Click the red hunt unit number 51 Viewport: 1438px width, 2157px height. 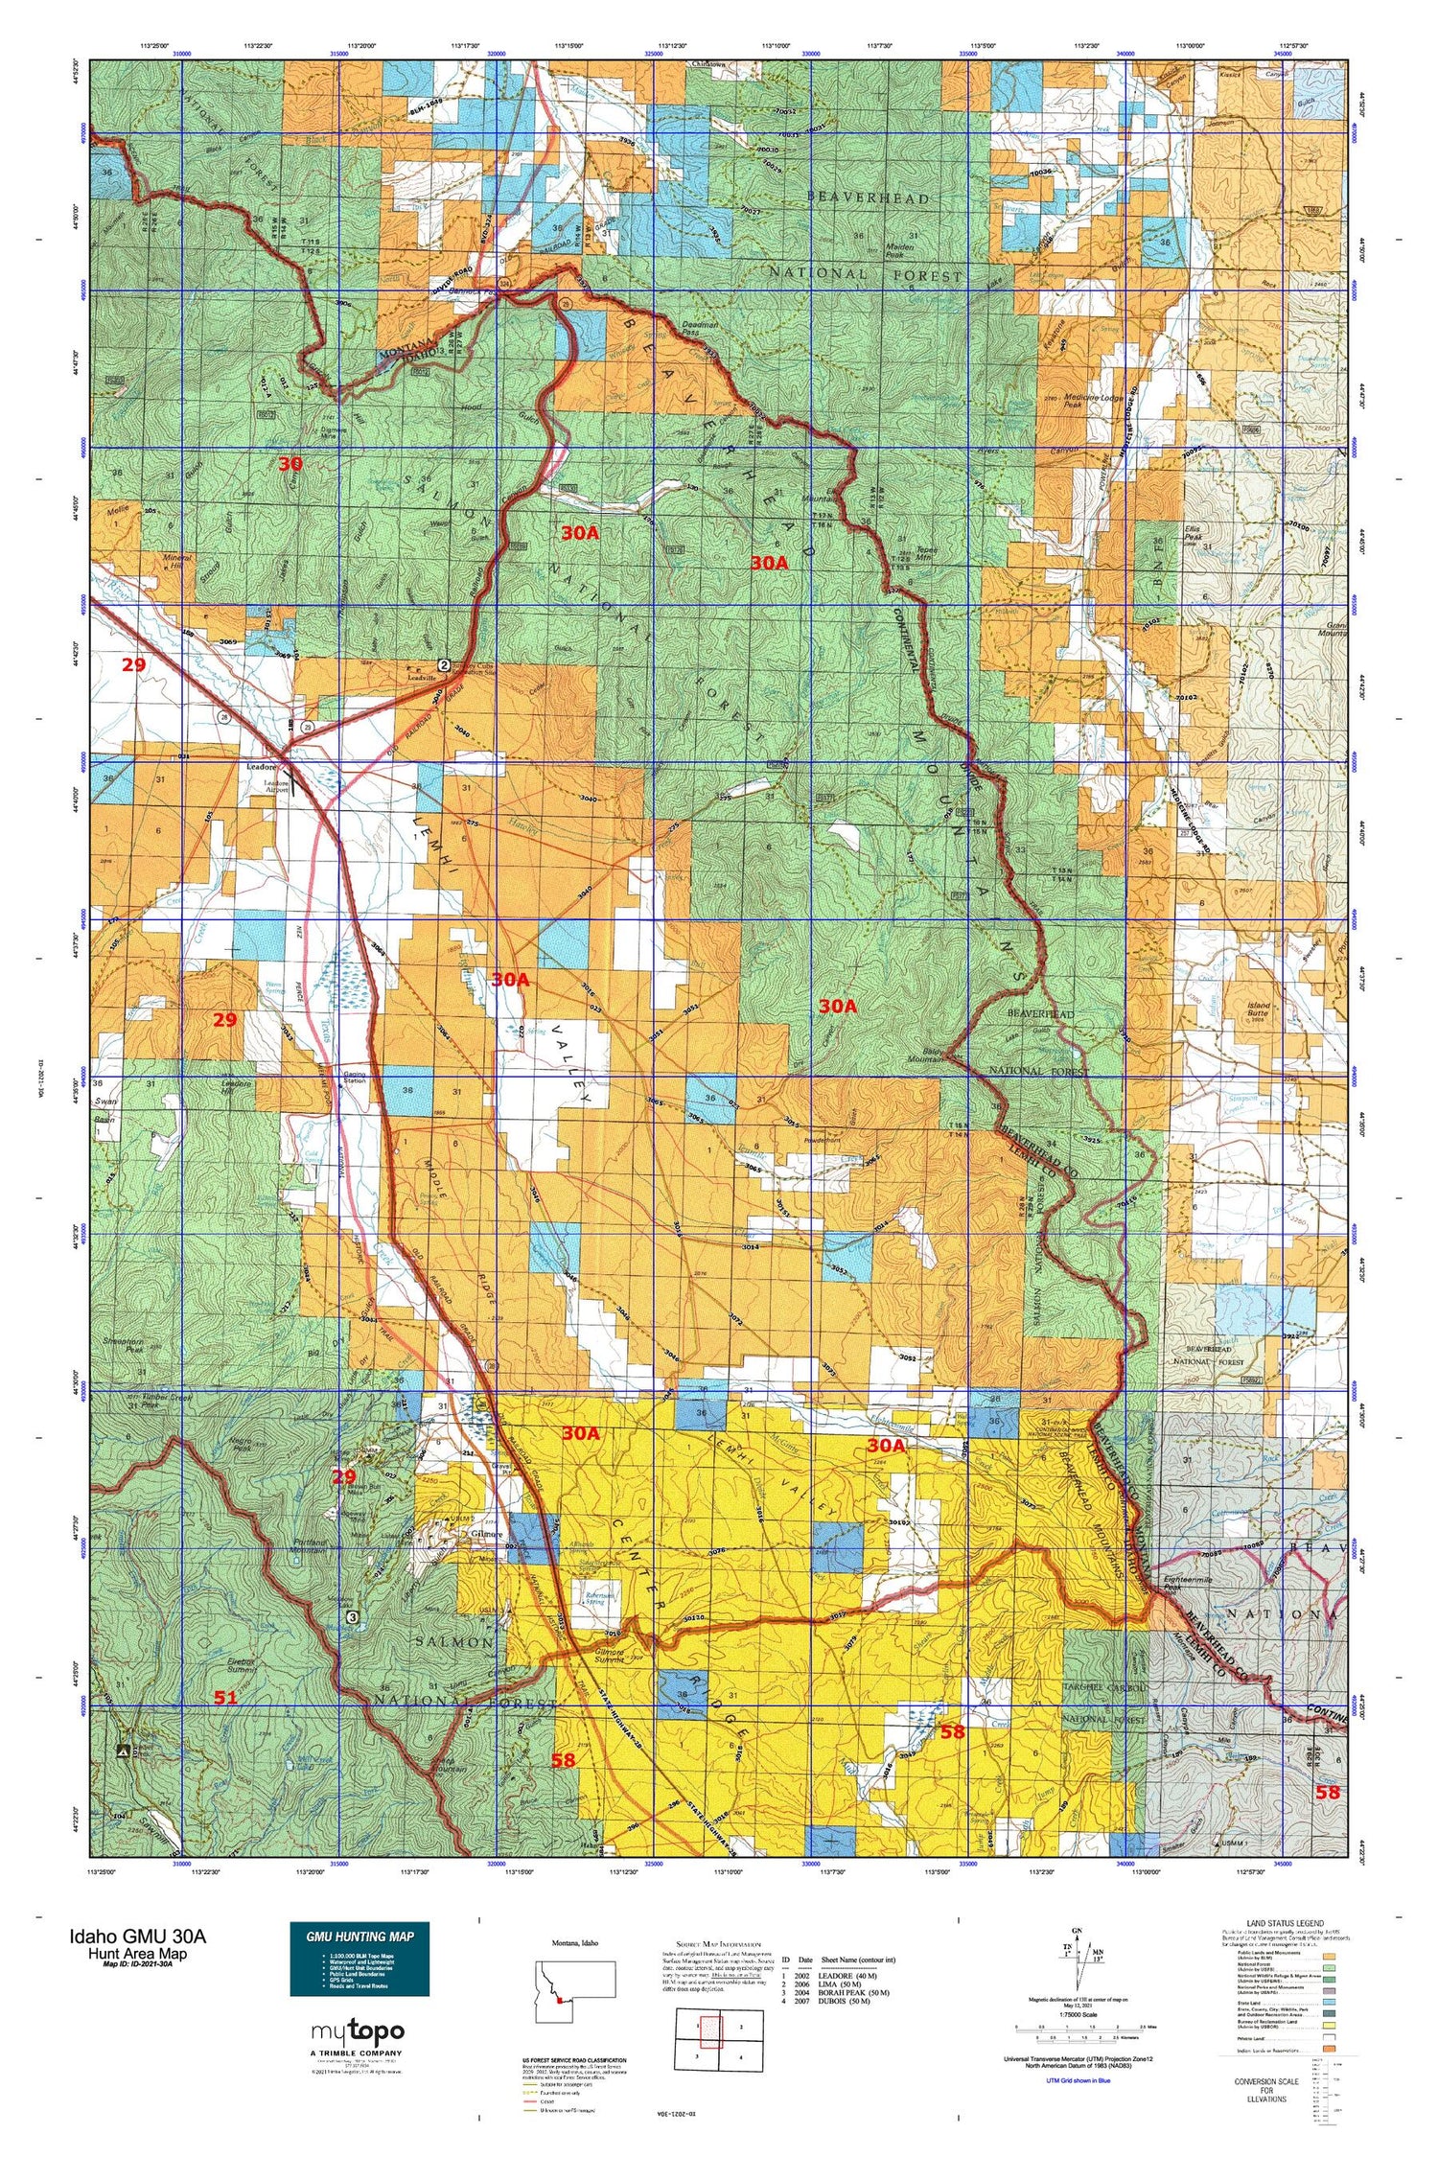(225, 1698)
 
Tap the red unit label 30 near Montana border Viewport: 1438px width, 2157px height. (290, 464)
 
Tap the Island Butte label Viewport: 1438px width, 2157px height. (1258, 1009)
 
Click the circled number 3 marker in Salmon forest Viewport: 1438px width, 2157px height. (354, 1616)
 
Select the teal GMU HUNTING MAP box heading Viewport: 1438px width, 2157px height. (359, 1936)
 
